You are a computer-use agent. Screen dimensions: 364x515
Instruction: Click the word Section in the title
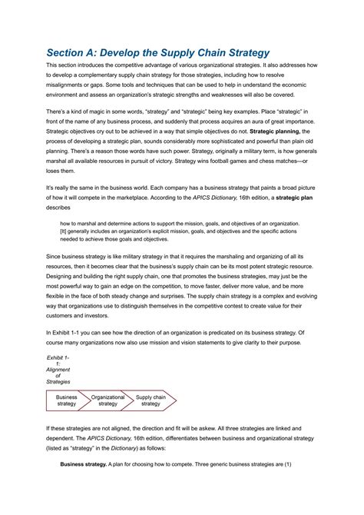(x=67, y=53)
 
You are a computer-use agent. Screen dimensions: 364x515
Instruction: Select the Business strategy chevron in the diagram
(x=67, y=400)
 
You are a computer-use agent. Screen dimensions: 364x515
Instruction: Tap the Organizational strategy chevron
(x=108, y=400)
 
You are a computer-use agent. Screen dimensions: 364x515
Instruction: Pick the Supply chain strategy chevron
(x=151, y=400)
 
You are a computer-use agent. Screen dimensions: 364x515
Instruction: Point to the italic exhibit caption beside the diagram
(x=58, y=370)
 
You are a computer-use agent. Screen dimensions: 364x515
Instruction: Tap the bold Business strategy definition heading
(x=86, y=463)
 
